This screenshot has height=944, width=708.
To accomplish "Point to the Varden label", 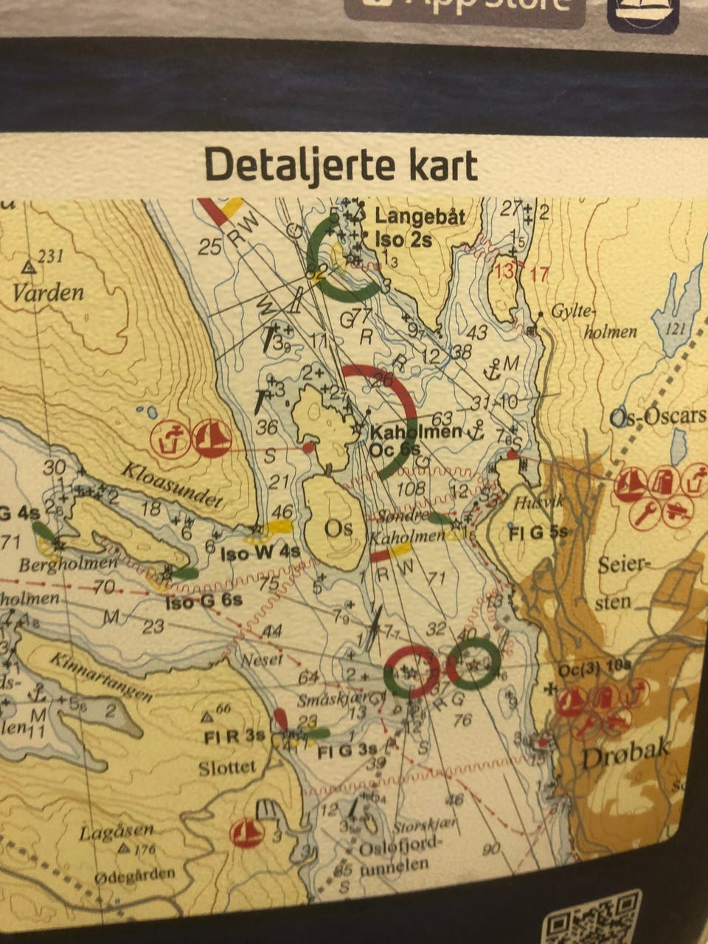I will (48, 293).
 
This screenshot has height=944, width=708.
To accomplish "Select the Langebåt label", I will (420, 216).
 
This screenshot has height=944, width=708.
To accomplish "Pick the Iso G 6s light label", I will (204, 601).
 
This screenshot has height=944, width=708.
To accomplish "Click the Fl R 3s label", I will (235, 736).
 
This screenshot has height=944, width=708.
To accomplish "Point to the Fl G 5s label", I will (538, 532).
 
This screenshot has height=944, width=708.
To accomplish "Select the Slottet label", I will (227, 768).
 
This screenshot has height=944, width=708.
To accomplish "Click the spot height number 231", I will (49, 256).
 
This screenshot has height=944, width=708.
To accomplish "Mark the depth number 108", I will (411, 488).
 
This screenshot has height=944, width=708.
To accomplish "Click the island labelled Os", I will (340, 529).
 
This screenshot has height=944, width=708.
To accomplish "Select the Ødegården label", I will (135, 875).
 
